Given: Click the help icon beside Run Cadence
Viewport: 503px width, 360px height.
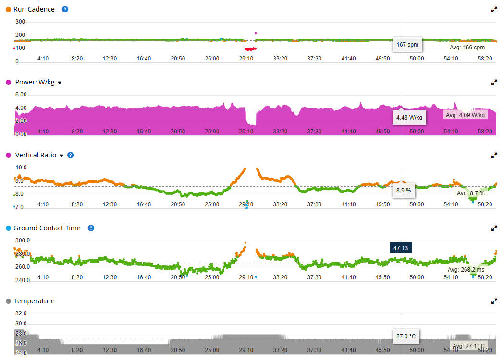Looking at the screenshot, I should tap(65, 9).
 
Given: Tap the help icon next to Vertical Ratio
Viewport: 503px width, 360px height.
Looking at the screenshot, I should tap(71, 155).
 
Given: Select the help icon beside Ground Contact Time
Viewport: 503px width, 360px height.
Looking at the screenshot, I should tap(91, 228).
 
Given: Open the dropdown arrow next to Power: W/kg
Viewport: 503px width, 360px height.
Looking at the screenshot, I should tap(60, 83).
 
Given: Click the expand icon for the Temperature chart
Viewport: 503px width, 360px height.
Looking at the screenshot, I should tap(494, 301).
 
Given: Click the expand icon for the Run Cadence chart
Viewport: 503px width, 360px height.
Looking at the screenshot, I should tap(494, 10).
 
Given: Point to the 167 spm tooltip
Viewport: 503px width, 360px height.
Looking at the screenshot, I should tap(407, 45).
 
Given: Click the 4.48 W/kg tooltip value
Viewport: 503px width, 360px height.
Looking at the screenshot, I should tap(409, 117).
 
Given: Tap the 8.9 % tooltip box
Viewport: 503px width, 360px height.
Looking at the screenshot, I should tap(404, 191).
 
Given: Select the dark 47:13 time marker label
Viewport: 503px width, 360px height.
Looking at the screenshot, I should tap(400, 248).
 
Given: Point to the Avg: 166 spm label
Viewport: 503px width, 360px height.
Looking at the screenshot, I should tap(466, 48).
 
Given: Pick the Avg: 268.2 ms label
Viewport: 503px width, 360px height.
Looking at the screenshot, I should tap(466, 270).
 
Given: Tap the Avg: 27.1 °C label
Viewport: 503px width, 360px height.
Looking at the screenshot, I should tap(468, 346).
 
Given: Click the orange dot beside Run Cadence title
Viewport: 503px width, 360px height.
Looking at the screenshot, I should tap(8, 9).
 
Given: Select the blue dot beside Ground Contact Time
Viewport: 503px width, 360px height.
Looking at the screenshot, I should tap(8, 228).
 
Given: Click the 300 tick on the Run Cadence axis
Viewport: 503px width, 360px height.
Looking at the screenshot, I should tap(20, 22).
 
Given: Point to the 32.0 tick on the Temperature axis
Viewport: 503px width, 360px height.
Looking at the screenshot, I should tap(21, 313).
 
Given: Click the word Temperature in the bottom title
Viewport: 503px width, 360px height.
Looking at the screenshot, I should tap(34, 301).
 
